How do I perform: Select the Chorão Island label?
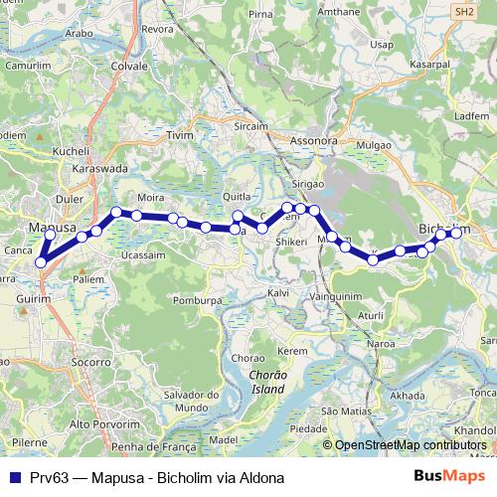[x=259, y=383]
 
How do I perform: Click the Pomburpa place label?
[x=194, y=299]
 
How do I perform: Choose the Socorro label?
[x=91, y=363]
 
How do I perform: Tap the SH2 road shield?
[x=464, y=11]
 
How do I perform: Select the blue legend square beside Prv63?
[x=14, y=477]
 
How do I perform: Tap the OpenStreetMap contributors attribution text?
[x=411, y=445]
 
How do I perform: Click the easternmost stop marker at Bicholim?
[x=457, y=233]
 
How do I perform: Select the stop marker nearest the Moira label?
[x=136, y=215]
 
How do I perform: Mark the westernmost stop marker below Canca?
[x=41, y=262]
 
